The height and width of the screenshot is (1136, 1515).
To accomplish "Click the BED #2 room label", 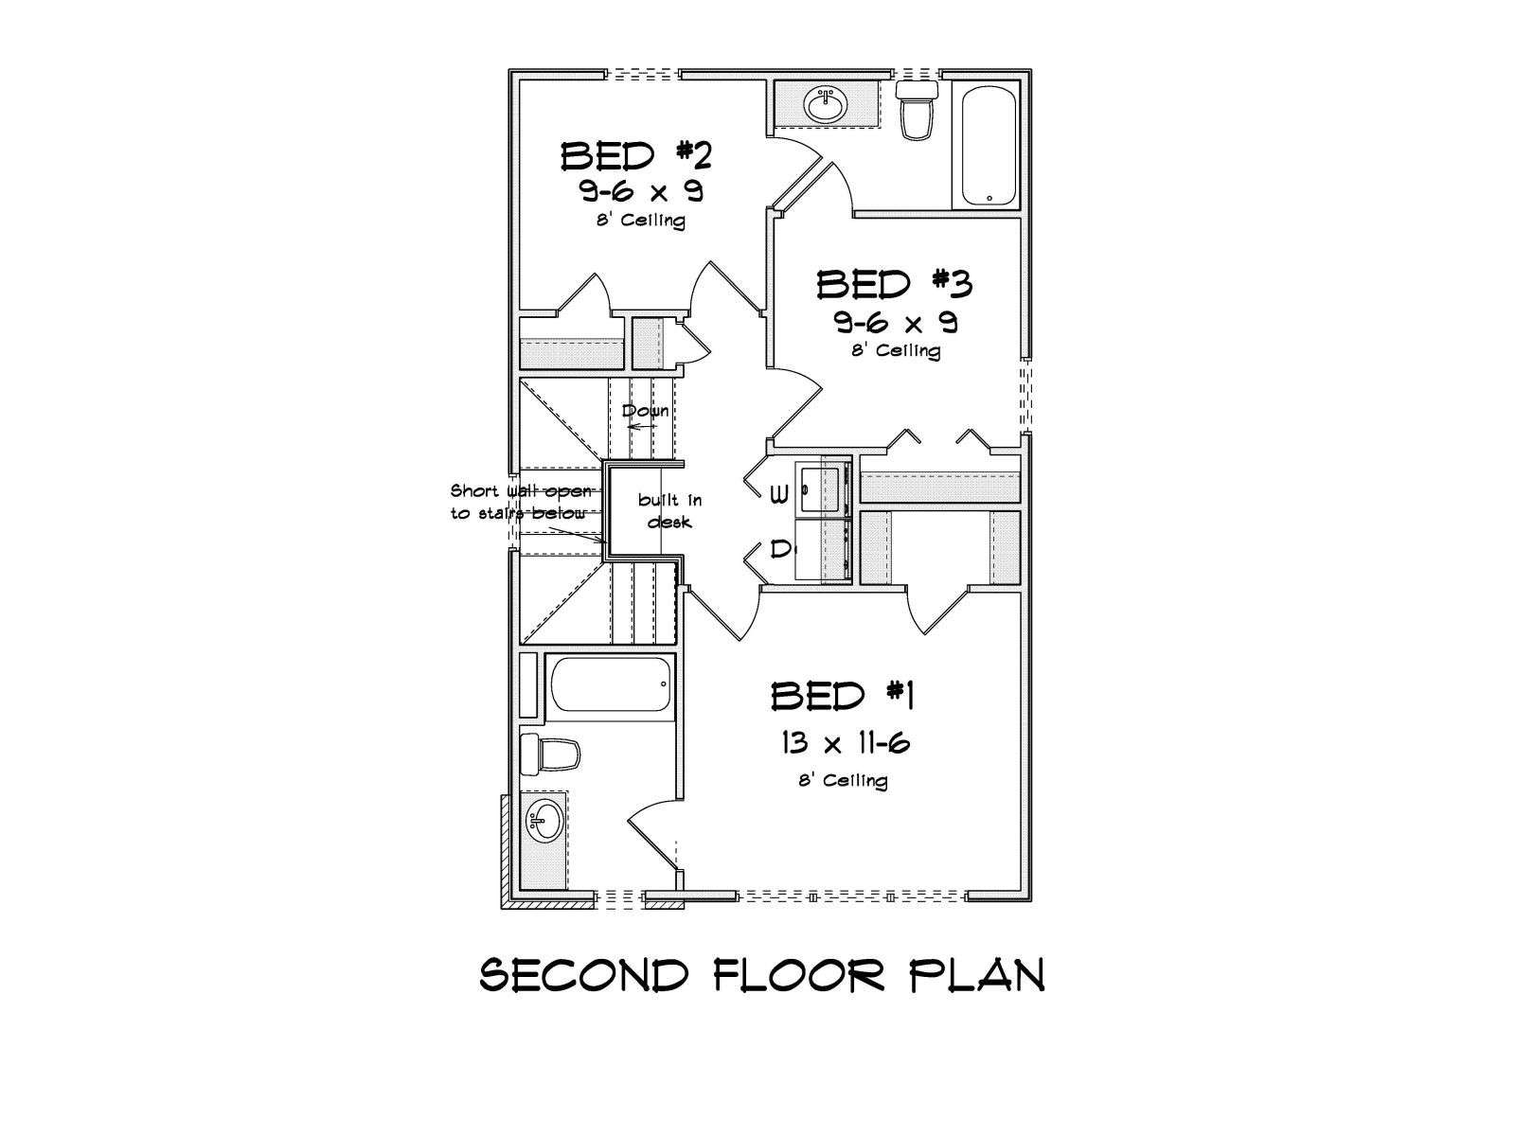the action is click(635, 156).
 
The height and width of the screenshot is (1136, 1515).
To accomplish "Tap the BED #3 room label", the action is click(895, 284).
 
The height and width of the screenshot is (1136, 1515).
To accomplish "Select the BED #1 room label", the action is click(842, 696).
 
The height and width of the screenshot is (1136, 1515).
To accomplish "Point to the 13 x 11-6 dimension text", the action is click(846, 743).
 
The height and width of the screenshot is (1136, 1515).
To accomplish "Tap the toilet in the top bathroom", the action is click(917, 111).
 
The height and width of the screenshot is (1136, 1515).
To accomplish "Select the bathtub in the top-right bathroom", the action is click(989, 145).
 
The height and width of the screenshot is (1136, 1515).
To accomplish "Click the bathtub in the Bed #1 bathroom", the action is click(611, 683).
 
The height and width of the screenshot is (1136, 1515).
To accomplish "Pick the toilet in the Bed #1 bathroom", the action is click(549, 754).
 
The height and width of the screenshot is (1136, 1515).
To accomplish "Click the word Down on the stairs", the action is click(646, 411).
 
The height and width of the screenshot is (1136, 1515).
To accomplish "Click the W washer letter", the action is click(778, 494).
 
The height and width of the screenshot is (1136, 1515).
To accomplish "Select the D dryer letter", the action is click(779, 550).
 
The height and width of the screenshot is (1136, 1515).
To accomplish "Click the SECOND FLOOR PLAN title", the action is click(762, 975).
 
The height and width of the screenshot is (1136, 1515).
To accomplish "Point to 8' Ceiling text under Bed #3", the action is click(895, 350).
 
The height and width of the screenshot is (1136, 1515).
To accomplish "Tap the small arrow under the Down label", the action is click(641, 426).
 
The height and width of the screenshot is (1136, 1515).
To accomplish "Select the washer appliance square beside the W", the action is click(824, 489).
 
